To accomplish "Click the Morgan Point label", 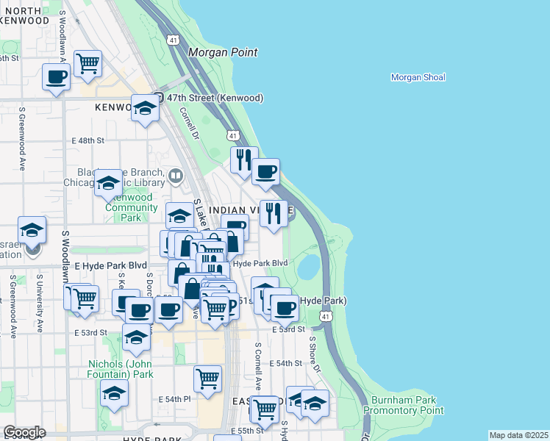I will [x=223, y=53].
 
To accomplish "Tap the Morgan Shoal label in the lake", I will [x=418, y=77].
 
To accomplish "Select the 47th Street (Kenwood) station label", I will [x=214, y=98].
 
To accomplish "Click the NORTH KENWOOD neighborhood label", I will [x=24, y=15].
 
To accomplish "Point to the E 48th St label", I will [x=88, y=140].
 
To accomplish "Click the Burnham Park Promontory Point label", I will [x=407, y=405].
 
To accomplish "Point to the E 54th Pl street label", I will [x=175, y=398].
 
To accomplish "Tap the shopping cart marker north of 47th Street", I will [x=87, y=63].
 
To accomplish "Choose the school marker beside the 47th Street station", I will [x=146, y=108].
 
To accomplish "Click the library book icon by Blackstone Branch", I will [x=175, y=175].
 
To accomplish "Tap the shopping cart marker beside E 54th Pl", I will [x=208, y=379].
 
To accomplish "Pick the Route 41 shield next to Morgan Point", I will [x=173, y=39].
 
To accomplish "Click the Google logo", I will [x=24, y=432].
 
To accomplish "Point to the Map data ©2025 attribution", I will [x=518, y=435].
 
